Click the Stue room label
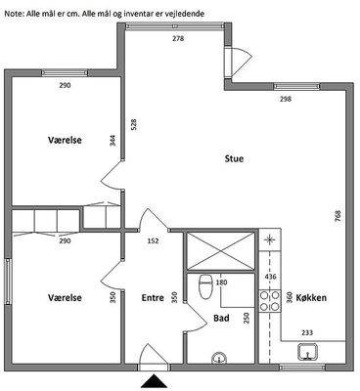pos(234,159)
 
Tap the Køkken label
pos(311,298)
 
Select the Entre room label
pos(153,298)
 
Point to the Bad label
pos(221,318)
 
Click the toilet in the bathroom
pos(205,286)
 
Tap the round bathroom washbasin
pos(219,358)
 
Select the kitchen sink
pos(307,352)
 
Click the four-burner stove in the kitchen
pos(270,301)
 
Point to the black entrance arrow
pos(154,381)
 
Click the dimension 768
pos(337,216)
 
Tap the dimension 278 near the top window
pos(178,38)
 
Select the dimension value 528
pos(134,125)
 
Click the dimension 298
pos(286,99)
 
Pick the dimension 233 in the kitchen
pos(307,332)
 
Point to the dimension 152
pos(153,241)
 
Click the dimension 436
pos(271,277)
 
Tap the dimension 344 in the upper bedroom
pos(112,141)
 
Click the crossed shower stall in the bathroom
pos(220,251)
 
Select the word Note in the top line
pos(12,14)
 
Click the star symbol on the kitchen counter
pos(269,240)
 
